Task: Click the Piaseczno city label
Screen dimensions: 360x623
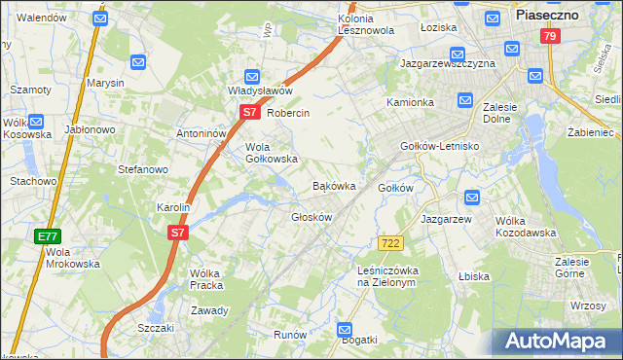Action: click(x=547, y=16)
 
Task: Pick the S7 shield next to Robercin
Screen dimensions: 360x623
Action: click(x=249, y=112)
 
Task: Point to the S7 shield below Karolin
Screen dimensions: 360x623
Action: click(x=177, y=233)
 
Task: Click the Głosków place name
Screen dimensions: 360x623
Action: click(x=311, y=217)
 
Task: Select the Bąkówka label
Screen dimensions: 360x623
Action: click(x=333, y=185)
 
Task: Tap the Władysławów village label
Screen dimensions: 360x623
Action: click(x=261, y=90)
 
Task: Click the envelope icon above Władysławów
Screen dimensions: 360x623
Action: click(x=252, y=75)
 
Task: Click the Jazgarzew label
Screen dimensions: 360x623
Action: click(x=447, y=219)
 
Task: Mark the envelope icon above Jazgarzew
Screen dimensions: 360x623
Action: click(x=472, y=198)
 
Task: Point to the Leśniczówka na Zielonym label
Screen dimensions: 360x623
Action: click(x=387, y=276)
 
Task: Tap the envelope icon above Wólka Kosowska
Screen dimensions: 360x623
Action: click(x=37, y=124)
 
